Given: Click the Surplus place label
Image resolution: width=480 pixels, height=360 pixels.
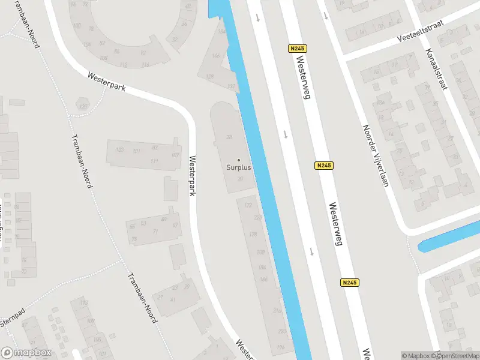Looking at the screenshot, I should pyautogui.click(x=239, y=167).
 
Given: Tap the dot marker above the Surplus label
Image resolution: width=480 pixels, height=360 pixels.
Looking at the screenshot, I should pyautogui.click(x=239, y=160).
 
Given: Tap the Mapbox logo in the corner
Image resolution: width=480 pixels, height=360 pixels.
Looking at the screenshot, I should pyautogui.click(x=26, y=353).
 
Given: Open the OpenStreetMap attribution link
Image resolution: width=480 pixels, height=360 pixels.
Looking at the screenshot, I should pyautogui.click(x=455, y=356).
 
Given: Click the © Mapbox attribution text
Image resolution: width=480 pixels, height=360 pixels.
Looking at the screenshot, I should pyautogui.click(x=416, y=356).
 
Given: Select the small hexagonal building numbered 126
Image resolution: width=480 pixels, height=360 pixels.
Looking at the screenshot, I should pyautogui.click(x=83, y=107).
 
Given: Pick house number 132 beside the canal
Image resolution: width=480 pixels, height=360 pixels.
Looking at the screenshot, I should pyautogui.click(x=232, y=87).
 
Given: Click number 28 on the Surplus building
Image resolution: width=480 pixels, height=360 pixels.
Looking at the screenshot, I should pyautogui.click(x=229, y=137).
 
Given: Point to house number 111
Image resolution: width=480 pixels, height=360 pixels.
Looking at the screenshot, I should pyautogui.click(x=154, y=162).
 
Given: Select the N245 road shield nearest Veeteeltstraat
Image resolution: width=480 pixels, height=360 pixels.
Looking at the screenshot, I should pyautogui.click(x=296, y=49).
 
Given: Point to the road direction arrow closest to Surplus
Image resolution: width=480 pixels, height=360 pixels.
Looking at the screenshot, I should pyautogui.click(x=285, y=134).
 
